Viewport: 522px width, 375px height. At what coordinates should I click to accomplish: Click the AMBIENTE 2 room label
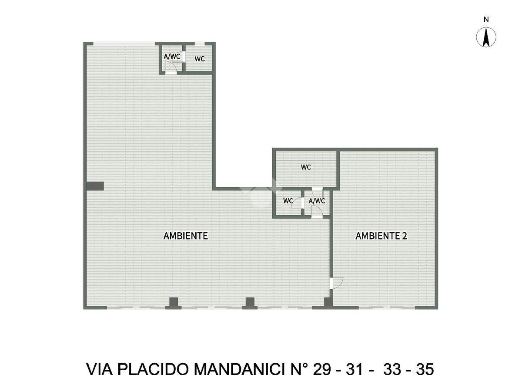tap(381, 236)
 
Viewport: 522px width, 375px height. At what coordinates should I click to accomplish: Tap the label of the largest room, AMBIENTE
tap(185, 236)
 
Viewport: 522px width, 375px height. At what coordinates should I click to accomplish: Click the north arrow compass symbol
tap(486, 37)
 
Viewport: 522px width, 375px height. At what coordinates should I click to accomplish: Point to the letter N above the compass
tap(486, 19)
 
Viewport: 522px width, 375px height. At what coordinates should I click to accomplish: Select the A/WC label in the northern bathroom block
tap(172, 57)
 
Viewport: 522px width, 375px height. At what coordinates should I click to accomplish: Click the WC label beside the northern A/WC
tap(200, 59)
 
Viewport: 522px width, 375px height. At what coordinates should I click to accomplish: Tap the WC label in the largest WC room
tap(306, 167)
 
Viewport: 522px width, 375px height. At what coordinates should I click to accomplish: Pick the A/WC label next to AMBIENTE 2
tap(317, 201)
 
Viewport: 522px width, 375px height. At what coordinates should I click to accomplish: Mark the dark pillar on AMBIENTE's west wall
tap(95, 186)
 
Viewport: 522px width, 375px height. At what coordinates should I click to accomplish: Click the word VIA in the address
tap(100, 368)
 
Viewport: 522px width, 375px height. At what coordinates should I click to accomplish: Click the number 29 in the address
tap(322, 368)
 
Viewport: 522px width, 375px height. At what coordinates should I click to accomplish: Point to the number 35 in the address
tap(425, 368)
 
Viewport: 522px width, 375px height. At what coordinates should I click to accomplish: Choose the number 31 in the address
tap(354, 368)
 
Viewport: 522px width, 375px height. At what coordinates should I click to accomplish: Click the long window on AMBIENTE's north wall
tap(124, 44)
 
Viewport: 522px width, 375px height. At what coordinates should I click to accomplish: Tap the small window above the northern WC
tap(200, 44)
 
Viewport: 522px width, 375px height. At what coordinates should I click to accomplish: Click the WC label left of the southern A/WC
tap(288, 201)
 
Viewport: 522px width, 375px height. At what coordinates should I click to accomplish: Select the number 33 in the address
tap(392, 368)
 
